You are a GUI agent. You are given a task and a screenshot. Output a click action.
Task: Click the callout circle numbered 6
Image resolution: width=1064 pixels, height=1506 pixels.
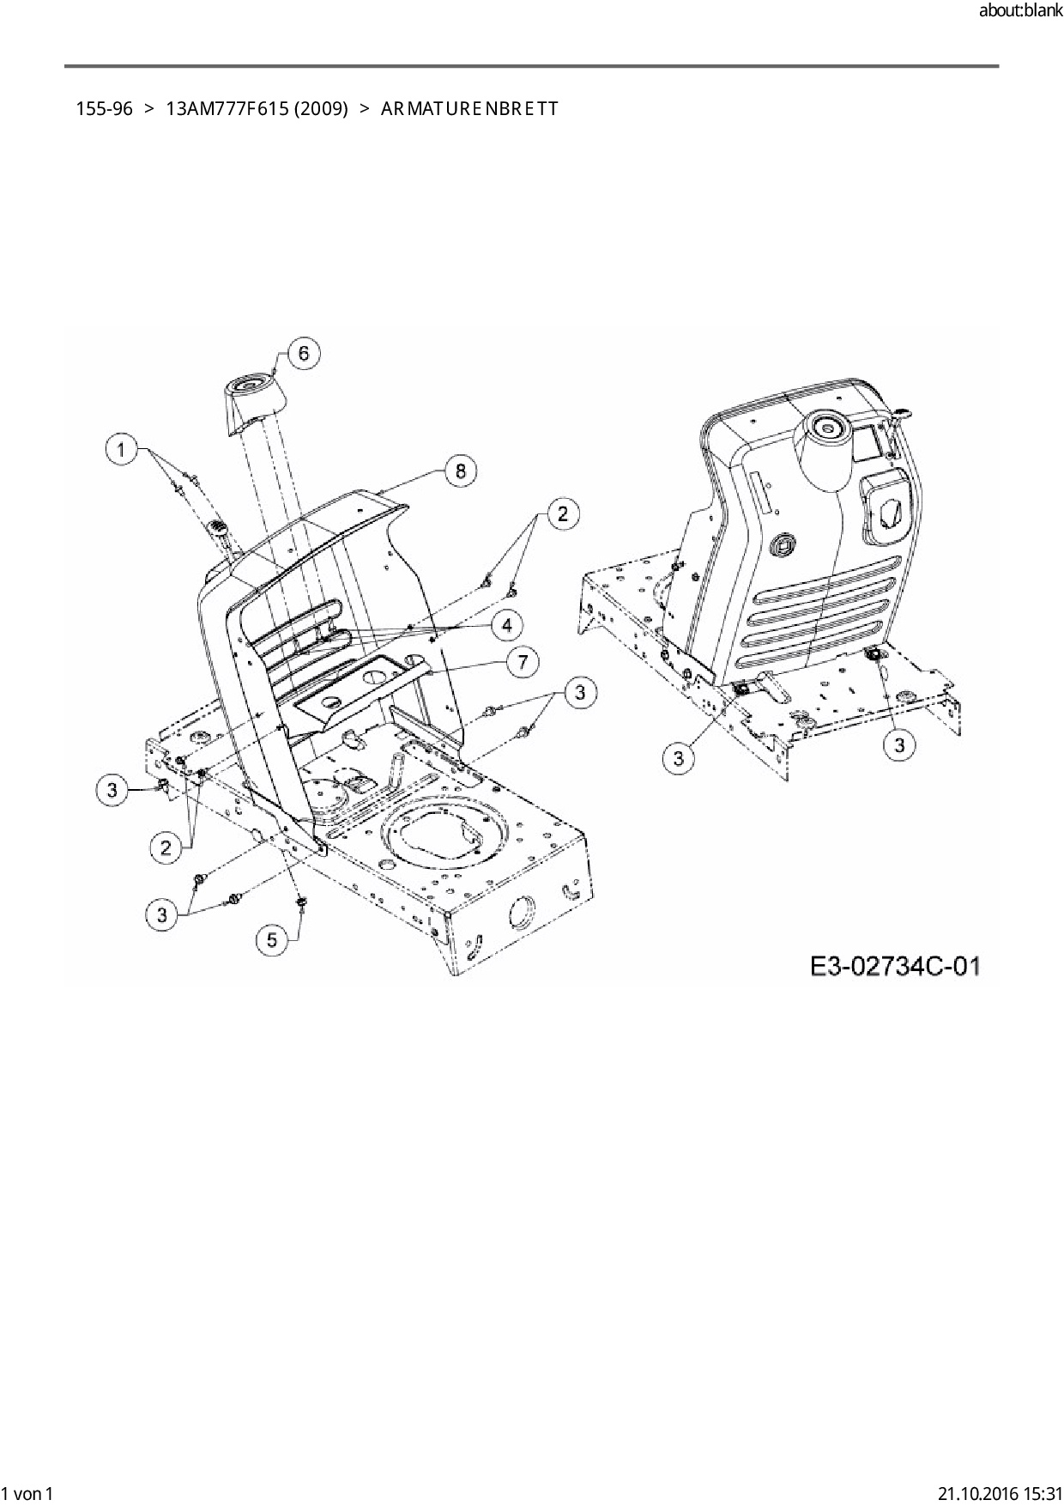coord(304,354)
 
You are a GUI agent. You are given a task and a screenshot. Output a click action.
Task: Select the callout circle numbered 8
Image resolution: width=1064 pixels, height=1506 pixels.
coord(461,471)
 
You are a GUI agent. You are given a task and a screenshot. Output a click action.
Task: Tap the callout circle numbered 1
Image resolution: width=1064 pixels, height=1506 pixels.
coord(122,449)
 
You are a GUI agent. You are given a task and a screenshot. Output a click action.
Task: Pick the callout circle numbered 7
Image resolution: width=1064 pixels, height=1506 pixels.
coord(523,661)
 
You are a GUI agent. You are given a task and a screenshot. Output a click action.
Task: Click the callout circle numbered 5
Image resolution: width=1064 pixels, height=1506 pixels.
coord(272,939)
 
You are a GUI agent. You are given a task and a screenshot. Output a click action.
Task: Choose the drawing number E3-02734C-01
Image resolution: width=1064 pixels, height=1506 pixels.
coord(894,966)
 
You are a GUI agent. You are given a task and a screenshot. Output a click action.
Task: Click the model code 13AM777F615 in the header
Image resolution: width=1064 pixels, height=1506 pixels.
coord(227,109)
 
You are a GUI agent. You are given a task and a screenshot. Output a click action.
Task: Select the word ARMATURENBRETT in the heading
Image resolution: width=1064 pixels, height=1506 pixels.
coord(469,109)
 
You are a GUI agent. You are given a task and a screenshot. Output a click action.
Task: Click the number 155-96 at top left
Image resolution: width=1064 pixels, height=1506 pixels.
coord(104,109)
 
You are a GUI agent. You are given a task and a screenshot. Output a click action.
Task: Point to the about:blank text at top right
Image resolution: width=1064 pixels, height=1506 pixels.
coord(1019,11)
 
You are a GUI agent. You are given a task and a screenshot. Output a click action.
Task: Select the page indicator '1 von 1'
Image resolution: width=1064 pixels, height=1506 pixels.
coord(27,1493)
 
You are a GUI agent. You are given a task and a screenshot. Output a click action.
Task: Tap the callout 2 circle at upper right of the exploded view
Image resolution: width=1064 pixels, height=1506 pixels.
coord(562,513)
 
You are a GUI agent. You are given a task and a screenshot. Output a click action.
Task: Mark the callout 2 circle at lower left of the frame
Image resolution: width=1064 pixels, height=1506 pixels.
coord(166,847)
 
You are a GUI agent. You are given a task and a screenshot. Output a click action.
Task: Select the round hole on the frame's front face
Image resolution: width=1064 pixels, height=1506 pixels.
coord(521,912)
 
